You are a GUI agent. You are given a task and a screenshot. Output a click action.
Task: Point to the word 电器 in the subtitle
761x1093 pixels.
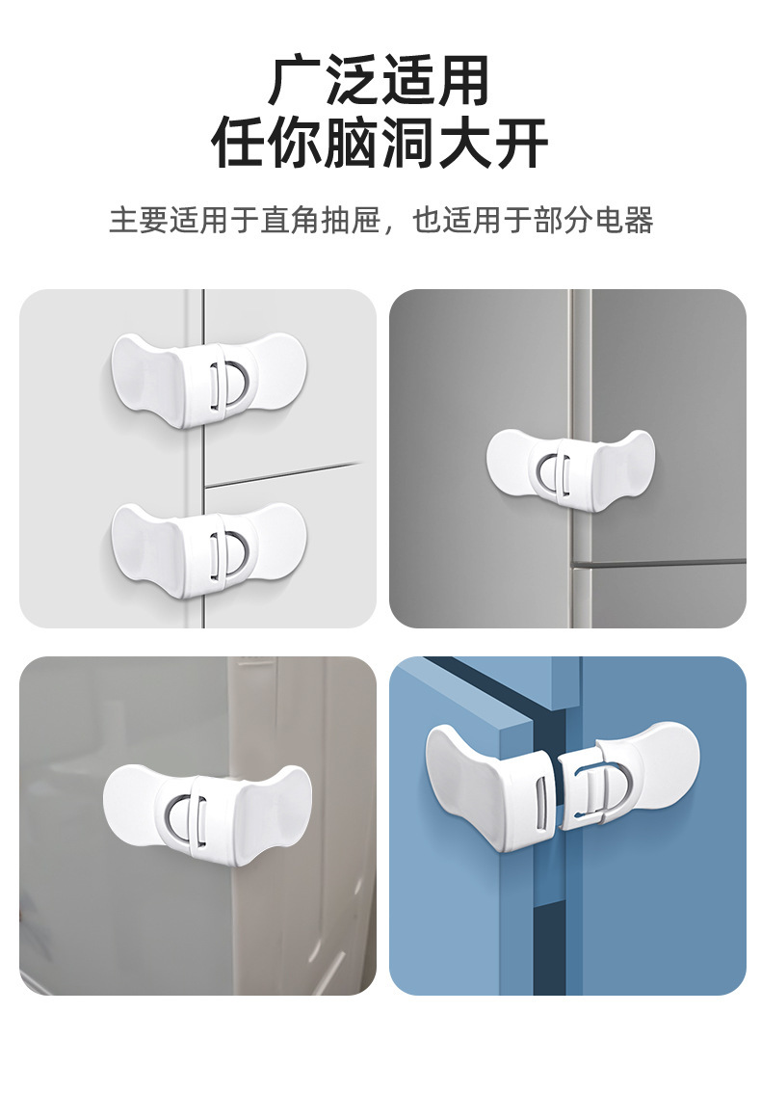pos(624,220)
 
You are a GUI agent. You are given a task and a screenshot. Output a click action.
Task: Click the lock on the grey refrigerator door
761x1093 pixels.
pos(571,467)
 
